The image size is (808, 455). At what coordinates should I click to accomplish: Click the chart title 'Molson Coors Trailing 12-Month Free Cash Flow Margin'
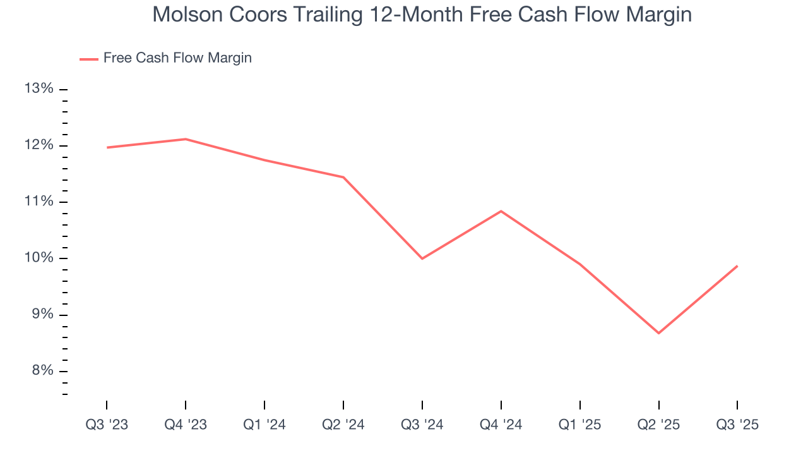click(422, 15)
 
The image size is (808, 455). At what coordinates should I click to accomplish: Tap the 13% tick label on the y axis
click(39, 89)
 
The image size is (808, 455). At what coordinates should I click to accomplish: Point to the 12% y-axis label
click(39, 145)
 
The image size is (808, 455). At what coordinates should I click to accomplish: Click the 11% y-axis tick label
click(39, 202)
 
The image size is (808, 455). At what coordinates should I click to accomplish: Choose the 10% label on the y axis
click(39, 258)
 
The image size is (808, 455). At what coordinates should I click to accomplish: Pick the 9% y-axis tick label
click(40, 315)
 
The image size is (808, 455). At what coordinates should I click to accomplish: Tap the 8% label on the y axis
click(40, 371)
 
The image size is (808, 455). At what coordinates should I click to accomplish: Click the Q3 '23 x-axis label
click(107, 425)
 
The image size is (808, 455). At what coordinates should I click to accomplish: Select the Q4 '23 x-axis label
click(186, 425)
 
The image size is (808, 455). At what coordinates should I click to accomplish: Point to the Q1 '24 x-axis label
click(264, 425)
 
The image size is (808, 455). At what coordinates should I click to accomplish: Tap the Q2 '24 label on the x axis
click(343, 425)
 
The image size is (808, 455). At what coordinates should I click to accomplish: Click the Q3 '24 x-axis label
click(422, 425)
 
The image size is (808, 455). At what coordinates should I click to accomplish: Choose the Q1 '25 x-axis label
click(580, 425)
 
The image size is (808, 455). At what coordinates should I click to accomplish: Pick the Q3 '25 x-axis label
click(737, 425)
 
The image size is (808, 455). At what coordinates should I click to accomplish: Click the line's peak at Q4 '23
click(186, 139)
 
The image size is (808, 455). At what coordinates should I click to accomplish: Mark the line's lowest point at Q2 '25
click(659, 333)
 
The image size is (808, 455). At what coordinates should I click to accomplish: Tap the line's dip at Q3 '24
click(422, 258)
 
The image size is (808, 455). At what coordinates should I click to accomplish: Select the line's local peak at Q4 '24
click(501, 211)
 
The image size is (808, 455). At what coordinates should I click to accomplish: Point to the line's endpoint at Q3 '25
click(737, 266)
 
